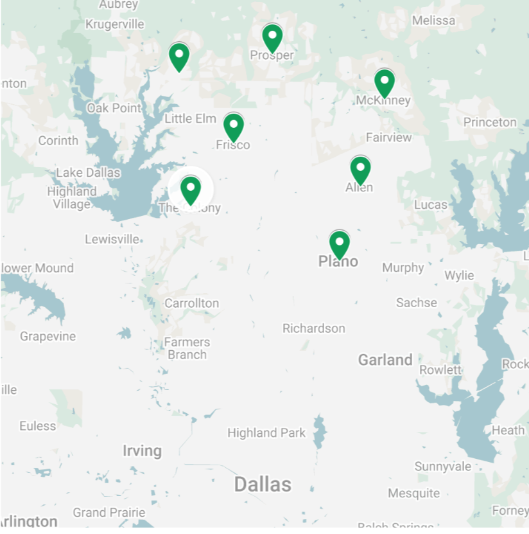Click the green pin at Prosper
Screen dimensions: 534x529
coord(272,37)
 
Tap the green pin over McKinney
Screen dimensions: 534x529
coord(384,82)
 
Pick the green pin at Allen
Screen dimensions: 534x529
coord(360,169)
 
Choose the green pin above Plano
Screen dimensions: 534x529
coord(339,244)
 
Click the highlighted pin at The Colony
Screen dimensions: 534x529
coord(190,189)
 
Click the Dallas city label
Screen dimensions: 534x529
coord(263,484)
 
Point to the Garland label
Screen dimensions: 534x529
coord(385,360)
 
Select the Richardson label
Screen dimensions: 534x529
coord(313,328)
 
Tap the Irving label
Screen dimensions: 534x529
coord(142,450)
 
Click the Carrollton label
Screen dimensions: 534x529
coord(191,303)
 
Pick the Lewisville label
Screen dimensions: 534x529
coord(112,239)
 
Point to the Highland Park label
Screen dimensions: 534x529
coord(266,433)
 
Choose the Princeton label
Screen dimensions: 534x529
coord(490,122)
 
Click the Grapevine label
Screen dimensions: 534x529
coord(48,336)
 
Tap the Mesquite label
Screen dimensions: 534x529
coord(414,494)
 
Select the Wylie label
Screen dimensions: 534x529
coord(460,276)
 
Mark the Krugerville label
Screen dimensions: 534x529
coord(115,24)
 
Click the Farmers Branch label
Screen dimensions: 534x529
coord(187,348)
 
